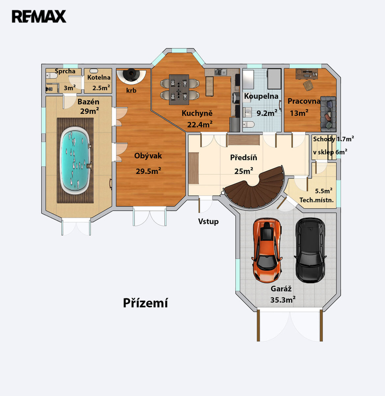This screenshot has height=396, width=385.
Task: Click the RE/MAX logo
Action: [39, 16]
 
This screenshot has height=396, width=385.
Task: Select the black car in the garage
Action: [310, 250]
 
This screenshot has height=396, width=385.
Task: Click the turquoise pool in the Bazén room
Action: [75, 160]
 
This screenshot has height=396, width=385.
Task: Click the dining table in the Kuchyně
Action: [179, 89]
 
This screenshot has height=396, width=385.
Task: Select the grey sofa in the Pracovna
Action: [328, 113]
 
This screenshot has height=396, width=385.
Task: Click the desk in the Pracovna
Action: [307, 73]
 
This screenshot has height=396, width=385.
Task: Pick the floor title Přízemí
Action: [145, 303]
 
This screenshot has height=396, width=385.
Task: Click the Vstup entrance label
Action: [208, 222]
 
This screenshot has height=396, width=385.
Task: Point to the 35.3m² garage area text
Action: [283, 300]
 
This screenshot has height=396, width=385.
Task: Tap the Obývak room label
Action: [148, 156]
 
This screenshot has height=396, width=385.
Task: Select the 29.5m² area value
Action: [149, 171]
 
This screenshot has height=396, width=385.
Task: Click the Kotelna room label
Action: [99, 77]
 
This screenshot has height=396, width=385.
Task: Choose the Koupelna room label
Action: [261, 96]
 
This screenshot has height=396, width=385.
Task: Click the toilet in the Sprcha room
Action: [51, 75]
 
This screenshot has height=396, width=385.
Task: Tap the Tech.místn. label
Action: [317, 200]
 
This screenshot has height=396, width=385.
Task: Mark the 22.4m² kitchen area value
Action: [200, 124]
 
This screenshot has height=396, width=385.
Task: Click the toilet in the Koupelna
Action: [249, 124]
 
